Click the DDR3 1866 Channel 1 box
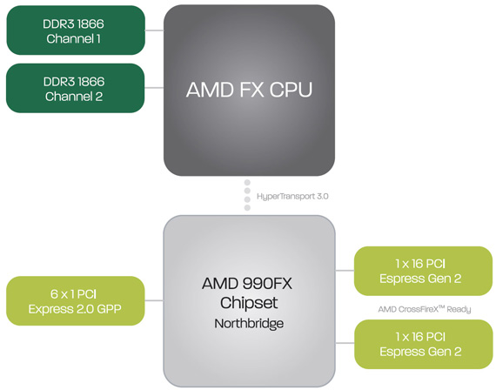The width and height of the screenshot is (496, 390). tap(76, 30)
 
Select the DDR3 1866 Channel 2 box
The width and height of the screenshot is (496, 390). tap(76, 88)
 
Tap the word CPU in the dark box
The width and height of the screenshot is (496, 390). tap(291, 90)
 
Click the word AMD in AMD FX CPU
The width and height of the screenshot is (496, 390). tap(210, 90)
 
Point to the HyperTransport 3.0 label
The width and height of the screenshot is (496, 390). tap(292, 197)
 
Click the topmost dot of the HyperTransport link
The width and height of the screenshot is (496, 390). tap(247, 183)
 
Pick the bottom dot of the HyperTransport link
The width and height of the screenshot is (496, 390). tap(247, 208)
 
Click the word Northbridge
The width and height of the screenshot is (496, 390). tap(249, 324)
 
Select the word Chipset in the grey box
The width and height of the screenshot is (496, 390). tap(249, 303)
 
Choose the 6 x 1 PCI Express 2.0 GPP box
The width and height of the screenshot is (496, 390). tap(76, 300)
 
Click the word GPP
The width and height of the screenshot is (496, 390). tap(109, 309)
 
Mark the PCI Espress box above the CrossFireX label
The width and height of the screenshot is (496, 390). tap(423, 271)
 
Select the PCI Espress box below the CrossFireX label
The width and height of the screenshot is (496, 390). tap(423, 344)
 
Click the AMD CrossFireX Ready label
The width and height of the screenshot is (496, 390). tap(425, 309)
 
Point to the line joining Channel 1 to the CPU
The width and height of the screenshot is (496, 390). tap(154, 30)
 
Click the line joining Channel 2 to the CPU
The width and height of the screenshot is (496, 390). tap(154, 88)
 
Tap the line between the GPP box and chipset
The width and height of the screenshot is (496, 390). tap(154, 300)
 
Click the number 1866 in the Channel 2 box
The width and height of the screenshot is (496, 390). tap(91, 82)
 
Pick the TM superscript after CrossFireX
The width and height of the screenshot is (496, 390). tap(441, 307)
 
